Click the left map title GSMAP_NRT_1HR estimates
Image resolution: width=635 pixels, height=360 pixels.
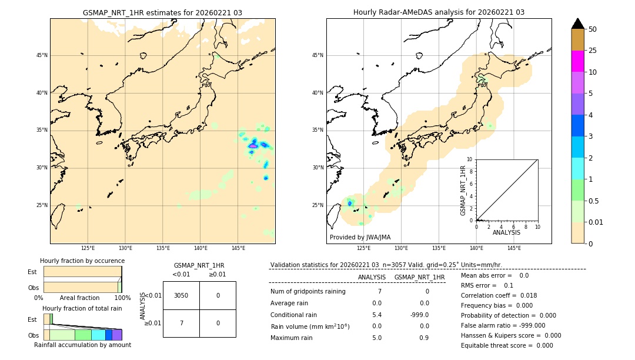[162, 12]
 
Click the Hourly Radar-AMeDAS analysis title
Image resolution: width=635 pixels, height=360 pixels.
[439, 12]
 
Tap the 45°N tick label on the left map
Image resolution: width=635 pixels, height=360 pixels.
[42, 55]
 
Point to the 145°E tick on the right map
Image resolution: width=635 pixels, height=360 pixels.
[514, 248]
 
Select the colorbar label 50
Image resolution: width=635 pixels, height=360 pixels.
[593, 29]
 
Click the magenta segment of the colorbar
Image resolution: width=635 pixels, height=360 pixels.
[577, 61]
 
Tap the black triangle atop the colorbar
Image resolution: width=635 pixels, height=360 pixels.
[577, 24]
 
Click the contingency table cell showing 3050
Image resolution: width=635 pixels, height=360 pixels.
[181, 295]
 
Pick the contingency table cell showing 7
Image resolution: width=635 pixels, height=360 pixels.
[181, 324]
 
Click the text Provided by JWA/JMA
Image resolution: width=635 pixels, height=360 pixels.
[360, 238]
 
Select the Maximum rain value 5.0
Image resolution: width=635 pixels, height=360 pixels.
[376, 338]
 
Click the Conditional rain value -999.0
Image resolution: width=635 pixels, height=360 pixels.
[419, 315]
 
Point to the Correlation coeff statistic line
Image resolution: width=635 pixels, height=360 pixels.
[499, 295]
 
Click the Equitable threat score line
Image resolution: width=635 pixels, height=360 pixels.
[507, 345]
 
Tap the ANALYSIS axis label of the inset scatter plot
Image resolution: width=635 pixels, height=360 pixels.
[506, 232]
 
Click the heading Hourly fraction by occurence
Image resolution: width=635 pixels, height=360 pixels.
[82, 261]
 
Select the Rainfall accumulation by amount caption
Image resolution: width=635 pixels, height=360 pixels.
[82, 345]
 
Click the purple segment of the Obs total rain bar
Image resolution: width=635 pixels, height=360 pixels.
[117, 335]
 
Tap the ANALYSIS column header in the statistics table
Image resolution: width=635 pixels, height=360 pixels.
[372, 277]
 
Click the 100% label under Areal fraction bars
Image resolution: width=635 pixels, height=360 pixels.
[122, 298]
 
